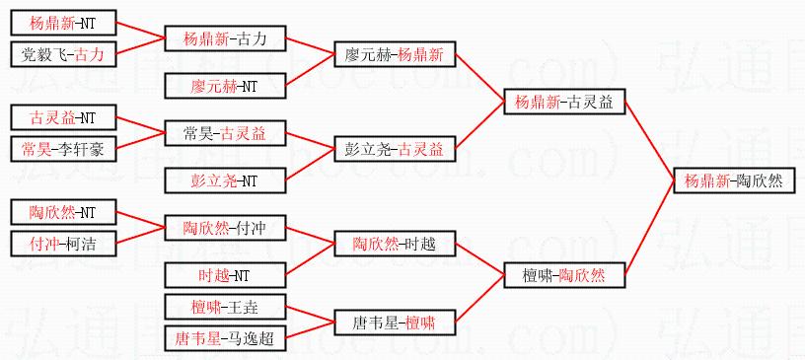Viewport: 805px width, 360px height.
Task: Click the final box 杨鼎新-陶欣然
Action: (x=734, y=180)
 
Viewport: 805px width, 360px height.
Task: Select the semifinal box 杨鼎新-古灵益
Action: (x=564, y=103)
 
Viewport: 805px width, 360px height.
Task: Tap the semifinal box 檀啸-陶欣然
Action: (x=564, y=275)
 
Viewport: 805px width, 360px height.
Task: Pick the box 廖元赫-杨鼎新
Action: (x=395, y=54)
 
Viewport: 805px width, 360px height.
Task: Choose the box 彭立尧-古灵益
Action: (x=395, y=150)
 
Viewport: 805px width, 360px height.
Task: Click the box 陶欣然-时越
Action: (x=395, y=244)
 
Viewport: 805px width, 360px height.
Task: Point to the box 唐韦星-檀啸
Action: (x=395, y=323)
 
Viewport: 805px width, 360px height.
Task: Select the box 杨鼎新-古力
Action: (x=225, y=38)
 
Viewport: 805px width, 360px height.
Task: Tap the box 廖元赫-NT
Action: (x=225, y=85)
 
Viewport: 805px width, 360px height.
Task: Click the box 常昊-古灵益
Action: (x=225, y=133)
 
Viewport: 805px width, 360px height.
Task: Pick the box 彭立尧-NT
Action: (x=225, y=180)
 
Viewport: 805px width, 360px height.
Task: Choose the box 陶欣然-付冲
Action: (x=225, y=228)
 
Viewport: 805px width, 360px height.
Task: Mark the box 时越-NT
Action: (x=225, y=275)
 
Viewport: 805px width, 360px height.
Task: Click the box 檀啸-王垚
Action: (x=225, y=307)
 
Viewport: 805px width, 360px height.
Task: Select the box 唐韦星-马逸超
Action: (x=225, y=338)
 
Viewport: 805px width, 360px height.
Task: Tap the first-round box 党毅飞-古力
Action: (x=64, y=54)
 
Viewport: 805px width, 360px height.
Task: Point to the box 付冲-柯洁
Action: (x=64, y=244)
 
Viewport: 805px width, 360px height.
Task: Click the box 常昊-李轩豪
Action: (x=64, y=149)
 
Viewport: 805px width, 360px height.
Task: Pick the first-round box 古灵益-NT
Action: (x=64, y=117)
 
